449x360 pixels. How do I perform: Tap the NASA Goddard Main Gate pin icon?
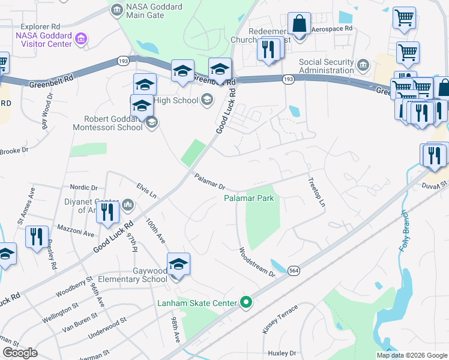[116, 8]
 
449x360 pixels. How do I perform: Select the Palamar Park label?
[249, 198]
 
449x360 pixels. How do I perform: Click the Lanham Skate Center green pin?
[245, 302]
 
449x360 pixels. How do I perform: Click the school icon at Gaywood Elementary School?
[178, 263]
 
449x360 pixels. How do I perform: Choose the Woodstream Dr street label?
[256, 262]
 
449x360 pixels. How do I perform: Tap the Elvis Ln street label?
[146, 191]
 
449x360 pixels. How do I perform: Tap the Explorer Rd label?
[40, 27]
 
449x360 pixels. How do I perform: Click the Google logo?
[19, 353]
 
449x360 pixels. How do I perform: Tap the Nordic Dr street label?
[83, 188]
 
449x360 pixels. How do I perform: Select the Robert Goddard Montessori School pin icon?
[152, 123]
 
